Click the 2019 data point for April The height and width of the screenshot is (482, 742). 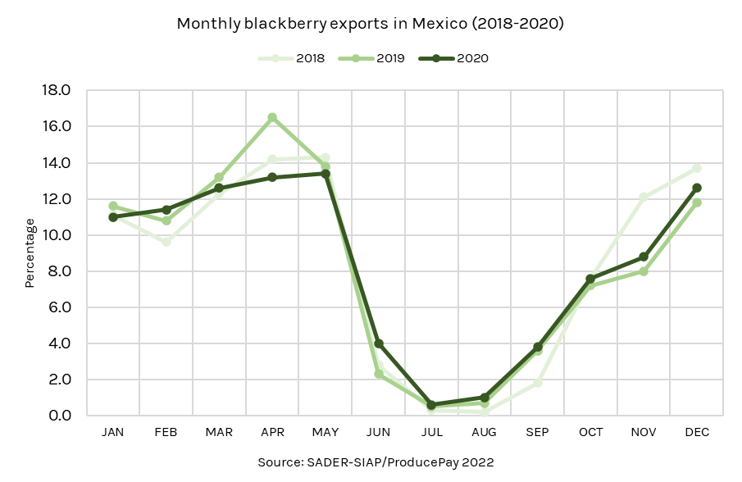pyautogui.click(x=272, y=117)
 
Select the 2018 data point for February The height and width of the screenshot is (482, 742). pyautogui.click(x=166, y=242)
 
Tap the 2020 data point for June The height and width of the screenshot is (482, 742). pyautogui.click(x=378, y=343)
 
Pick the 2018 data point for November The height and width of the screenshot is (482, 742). pyautogui.click(x=644, y=197)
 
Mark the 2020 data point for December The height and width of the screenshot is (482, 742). pyautogui.click(x=697, y=188)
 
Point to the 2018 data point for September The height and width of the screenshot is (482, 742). pyautogui.click(x=538, y=383)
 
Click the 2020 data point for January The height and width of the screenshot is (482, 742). pyautogui.click(x=113, y=216)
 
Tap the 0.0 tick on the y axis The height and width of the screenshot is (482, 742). pyautogui.click(x=61, y=416)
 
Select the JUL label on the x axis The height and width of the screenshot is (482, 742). pyautogui.click(x=431, y=432)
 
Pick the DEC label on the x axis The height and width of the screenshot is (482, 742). pyautogui.click(x=697, y=432)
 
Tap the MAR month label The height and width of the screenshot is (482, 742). pyautogui.click(x=219, y=432)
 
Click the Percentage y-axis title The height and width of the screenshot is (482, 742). pyautogui.click(x=30, y=252)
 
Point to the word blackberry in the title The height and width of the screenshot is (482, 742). pyautogui.click(x=281, y=24)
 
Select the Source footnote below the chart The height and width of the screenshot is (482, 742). pyautogui.click(x=376, y=462)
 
